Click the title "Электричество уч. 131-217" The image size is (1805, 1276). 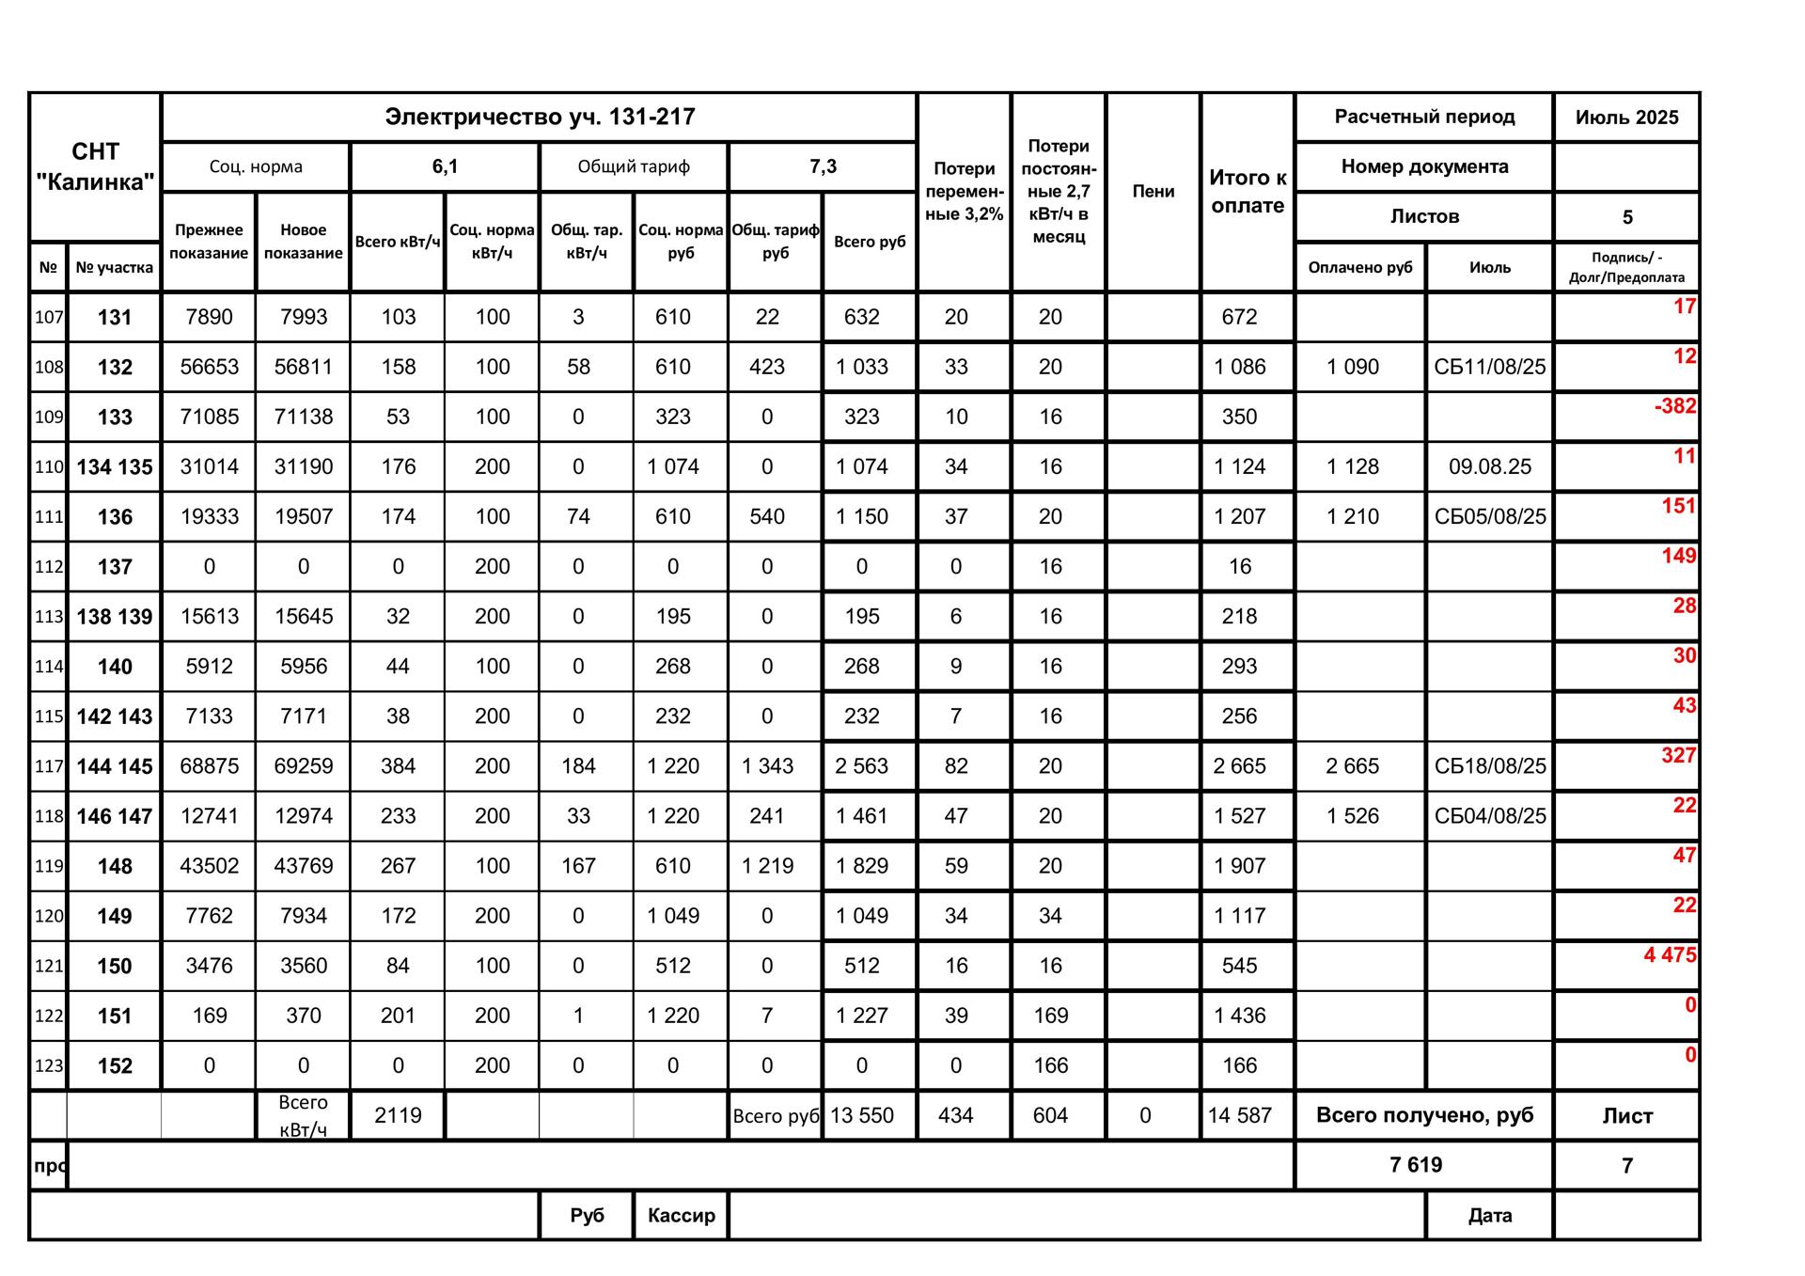(540, 118)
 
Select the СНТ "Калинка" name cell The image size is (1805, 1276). (95, 166)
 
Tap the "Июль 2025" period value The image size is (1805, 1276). (1626, 118)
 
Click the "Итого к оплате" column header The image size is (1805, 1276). (1247, 191)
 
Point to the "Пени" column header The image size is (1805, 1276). (1153, 191)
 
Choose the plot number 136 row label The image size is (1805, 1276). (115, 517)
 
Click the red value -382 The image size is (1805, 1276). (1674, 406)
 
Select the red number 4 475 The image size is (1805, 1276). (1670, 955)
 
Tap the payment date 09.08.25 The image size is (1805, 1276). (1489, 466)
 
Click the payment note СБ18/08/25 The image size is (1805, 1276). (1489, 766)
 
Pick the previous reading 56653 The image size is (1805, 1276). (209, 367)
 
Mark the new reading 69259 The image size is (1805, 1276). (303, 766)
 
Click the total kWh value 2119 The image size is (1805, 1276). (398, 1116)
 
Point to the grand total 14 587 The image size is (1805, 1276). (1239, 1116)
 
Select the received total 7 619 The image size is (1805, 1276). (1415, 1165)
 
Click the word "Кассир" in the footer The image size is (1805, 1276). (681, 1216)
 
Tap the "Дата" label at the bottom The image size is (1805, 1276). (1489, 1216)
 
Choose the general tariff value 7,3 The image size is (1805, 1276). (823, 167)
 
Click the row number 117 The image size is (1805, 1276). (49, 766)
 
